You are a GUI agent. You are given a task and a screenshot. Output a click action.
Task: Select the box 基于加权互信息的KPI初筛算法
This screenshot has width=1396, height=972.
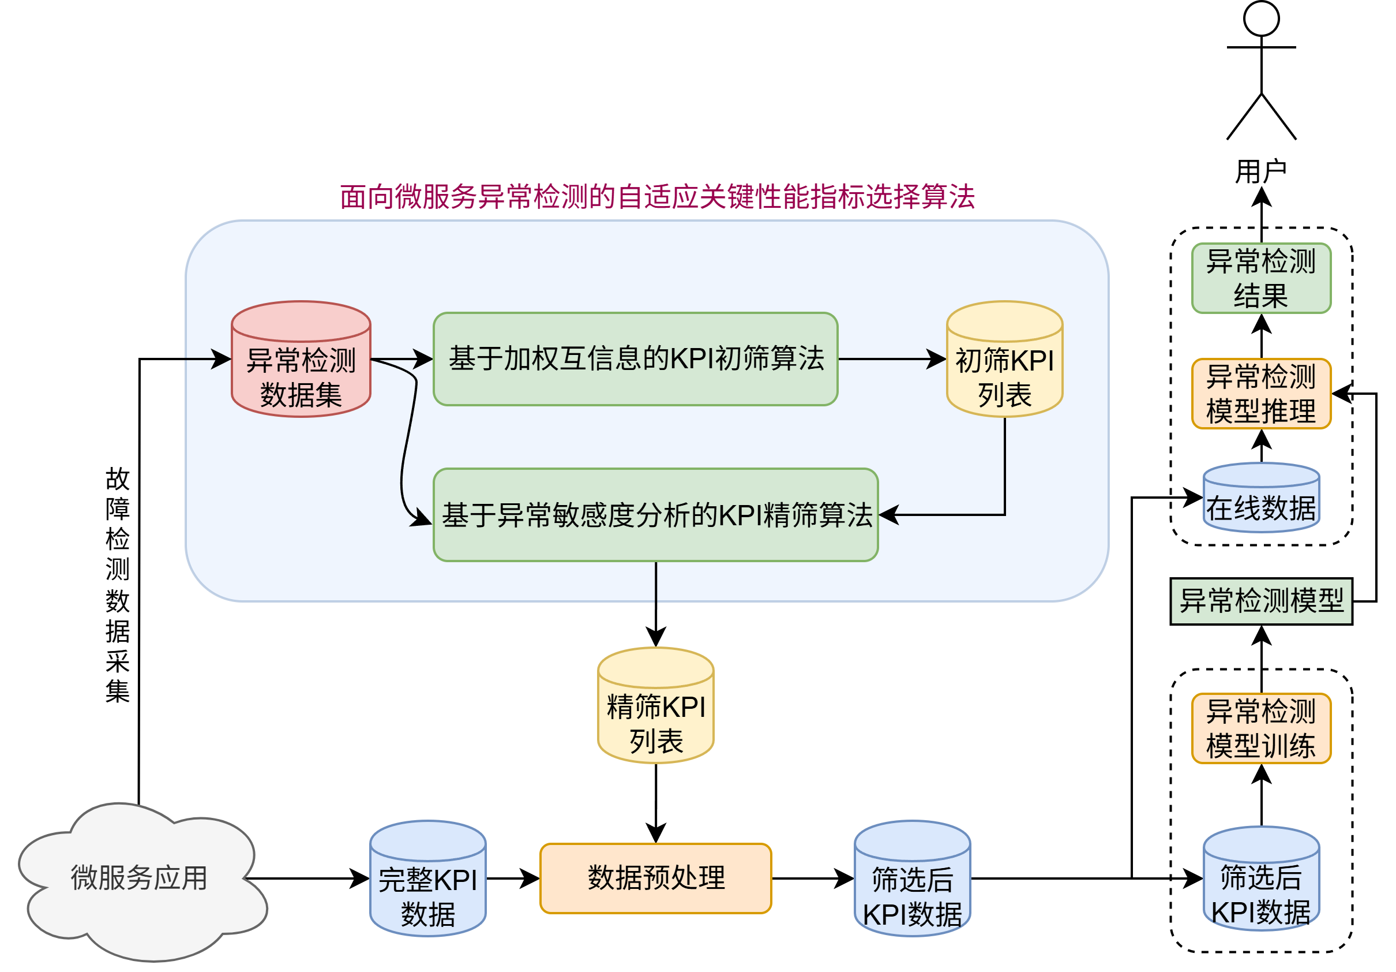pos(635,359)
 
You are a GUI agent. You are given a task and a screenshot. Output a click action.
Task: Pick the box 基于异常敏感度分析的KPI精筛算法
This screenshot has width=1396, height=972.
pos(655,515)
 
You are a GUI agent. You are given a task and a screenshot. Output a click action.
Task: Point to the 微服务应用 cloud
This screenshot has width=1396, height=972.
pos(140,879)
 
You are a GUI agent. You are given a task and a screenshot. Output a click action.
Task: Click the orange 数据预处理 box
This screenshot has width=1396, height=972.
pos(655,878)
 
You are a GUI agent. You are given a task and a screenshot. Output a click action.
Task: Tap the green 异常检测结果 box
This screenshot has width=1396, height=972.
pos(1261,278)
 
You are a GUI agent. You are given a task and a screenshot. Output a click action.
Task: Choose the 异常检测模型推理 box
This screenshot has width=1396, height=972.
pos(1261,394)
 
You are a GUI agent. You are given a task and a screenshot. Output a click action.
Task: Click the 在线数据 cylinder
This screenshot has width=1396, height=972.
pos(1261,499)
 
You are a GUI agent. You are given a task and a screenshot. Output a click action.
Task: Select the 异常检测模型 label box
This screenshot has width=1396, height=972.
pos(1261,601)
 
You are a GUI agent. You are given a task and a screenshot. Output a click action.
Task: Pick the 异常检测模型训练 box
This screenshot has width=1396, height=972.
pos(1261,728)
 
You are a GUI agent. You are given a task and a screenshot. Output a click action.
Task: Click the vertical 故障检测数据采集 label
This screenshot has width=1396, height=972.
pos(117,586)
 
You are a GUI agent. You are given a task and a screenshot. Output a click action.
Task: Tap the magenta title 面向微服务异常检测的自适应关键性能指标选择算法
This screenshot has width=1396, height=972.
pos(656,197)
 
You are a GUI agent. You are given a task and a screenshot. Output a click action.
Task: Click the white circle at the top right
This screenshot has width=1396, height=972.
pos(1261,18)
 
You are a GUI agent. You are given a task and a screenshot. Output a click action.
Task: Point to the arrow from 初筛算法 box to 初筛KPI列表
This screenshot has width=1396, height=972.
pos(888,359)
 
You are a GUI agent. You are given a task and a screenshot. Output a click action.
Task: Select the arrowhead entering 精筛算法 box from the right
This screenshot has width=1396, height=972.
pos(888,515)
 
